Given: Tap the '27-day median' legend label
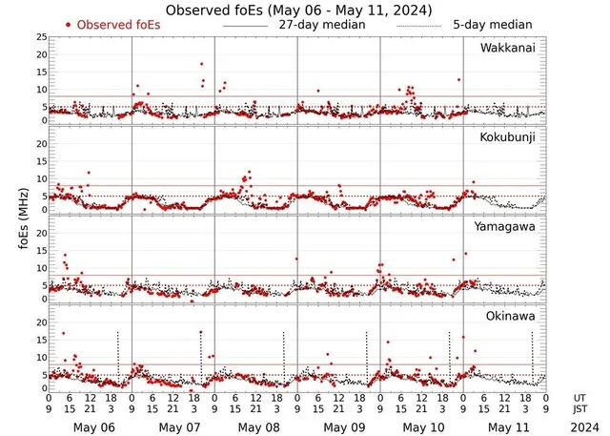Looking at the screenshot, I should click(321, 24).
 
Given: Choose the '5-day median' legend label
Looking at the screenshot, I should click(493, 24).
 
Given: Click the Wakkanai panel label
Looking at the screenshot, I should click(507, 48).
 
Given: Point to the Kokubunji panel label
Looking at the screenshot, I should click(507, 137).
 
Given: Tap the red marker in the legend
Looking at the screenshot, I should click(69, 24).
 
